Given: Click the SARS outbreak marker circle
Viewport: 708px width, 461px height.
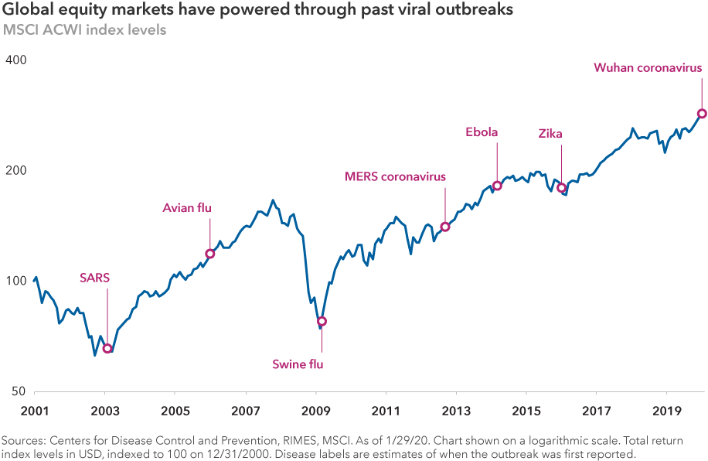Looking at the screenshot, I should click(107, 348).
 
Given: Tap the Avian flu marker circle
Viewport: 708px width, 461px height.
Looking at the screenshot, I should click(209, 254).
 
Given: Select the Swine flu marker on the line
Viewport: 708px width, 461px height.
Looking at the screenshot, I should click(322, 321).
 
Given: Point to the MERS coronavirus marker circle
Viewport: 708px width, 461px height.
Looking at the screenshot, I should click(445, 227).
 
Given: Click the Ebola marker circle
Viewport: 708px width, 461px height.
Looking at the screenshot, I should click(497, 186).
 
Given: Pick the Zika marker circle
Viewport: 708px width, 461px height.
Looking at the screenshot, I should click(562, 188).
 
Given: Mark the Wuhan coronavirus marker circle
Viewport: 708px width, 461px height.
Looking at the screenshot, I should click(702, 114).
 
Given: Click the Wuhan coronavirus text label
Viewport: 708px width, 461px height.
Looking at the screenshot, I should click(648, 67).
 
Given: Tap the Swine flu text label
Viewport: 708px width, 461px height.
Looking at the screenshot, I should click(298, 364).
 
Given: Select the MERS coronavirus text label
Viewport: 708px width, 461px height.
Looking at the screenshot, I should click(395, 176).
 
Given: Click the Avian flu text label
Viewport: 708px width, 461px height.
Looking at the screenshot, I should click(187, 207).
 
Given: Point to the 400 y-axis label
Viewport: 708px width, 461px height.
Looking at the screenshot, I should click(16, 60).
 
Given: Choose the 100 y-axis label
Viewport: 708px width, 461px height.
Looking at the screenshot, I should click(16, 281).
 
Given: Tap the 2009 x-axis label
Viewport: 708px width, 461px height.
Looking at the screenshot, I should click(315, 409).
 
